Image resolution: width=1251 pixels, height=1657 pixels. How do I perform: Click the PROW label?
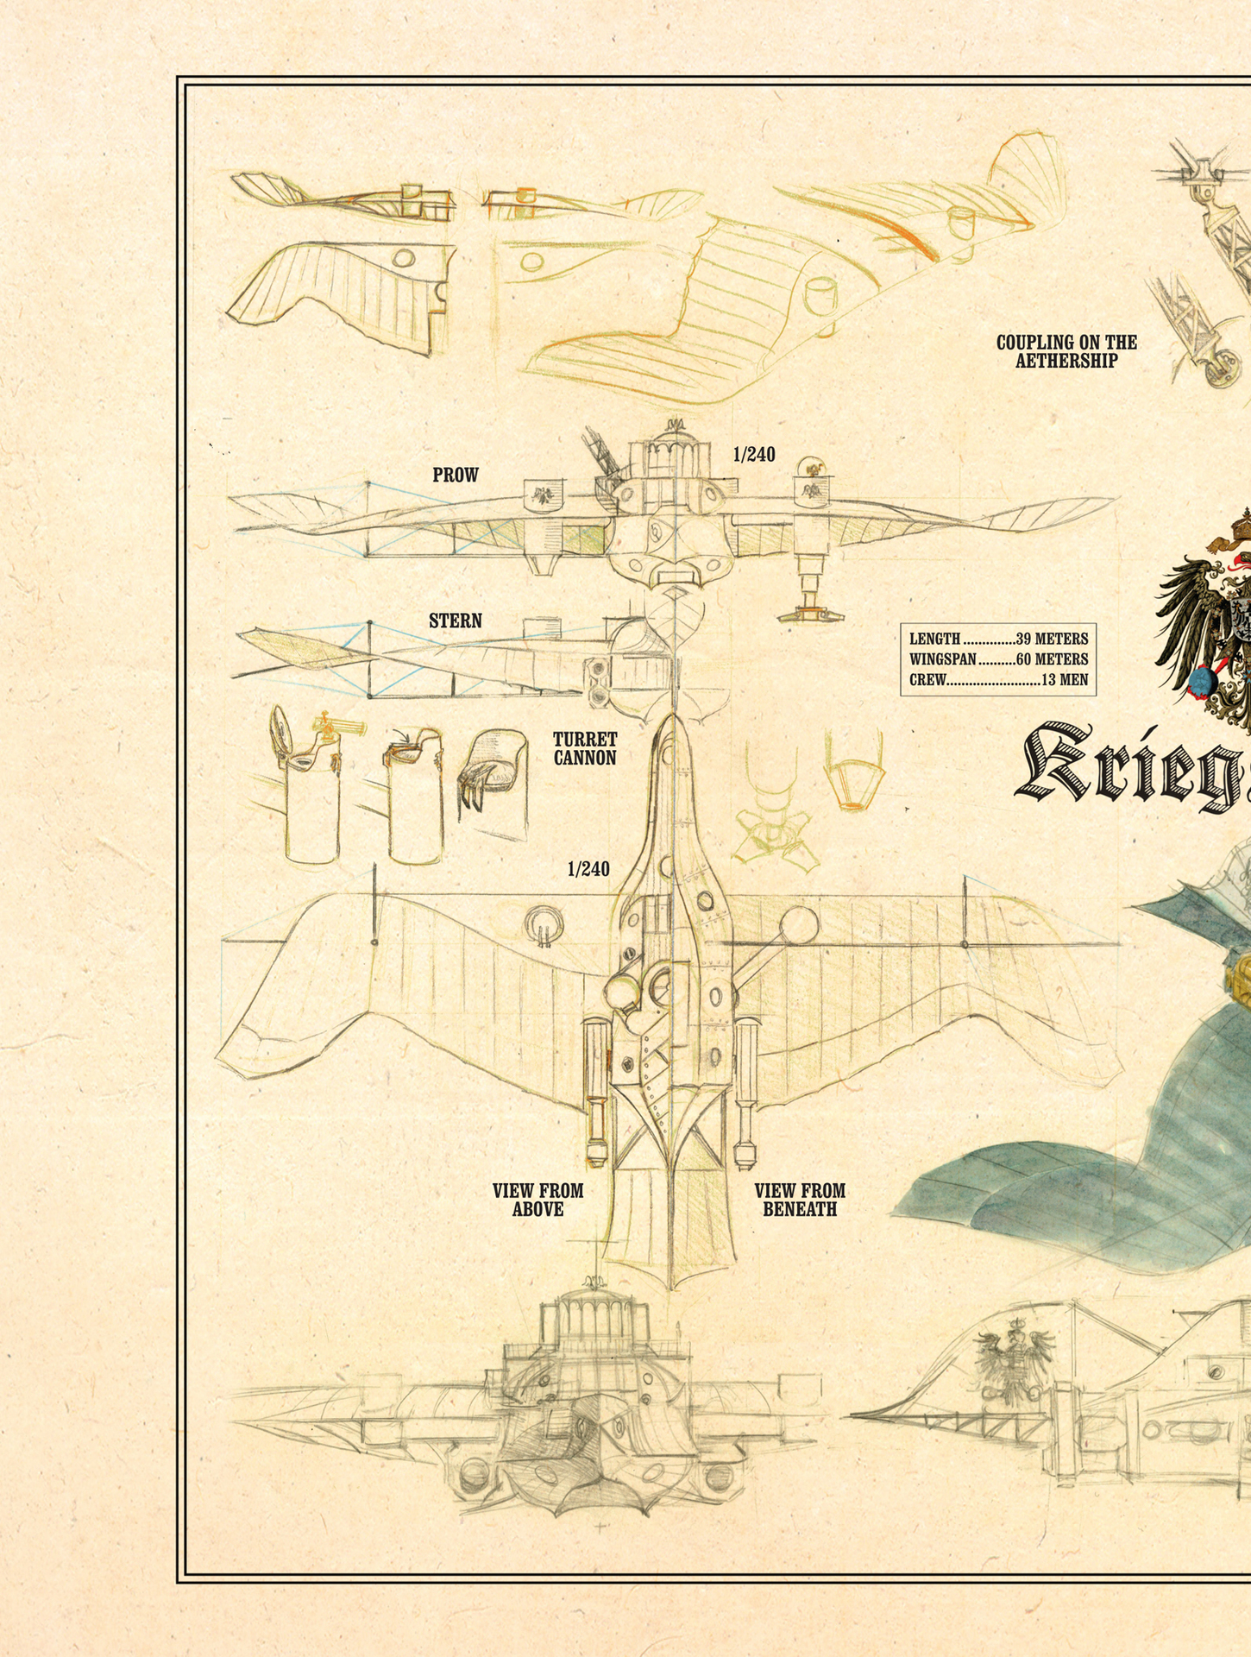point(455,476)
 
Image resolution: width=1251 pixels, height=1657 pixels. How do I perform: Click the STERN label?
point(455,621)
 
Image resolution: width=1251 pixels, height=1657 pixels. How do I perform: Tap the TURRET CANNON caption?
point(585,749)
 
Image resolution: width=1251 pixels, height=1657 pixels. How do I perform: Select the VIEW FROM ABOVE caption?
point(537,1200)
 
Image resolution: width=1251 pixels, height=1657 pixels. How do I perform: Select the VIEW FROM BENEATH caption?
point(800,1200)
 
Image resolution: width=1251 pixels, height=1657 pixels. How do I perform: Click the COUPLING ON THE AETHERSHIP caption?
point(1066,351)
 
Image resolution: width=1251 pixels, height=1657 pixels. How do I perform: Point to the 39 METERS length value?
point(1052,639)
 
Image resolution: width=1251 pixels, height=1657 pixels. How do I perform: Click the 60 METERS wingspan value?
point(1052,659)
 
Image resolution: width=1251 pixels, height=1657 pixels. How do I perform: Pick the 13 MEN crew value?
point(1065,680)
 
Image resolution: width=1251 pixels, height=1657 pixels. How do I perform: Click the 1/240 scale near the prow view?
point(754,455)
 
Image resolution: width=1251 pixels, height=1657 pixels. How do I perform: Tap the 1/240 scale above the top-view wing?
point(588,869)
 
